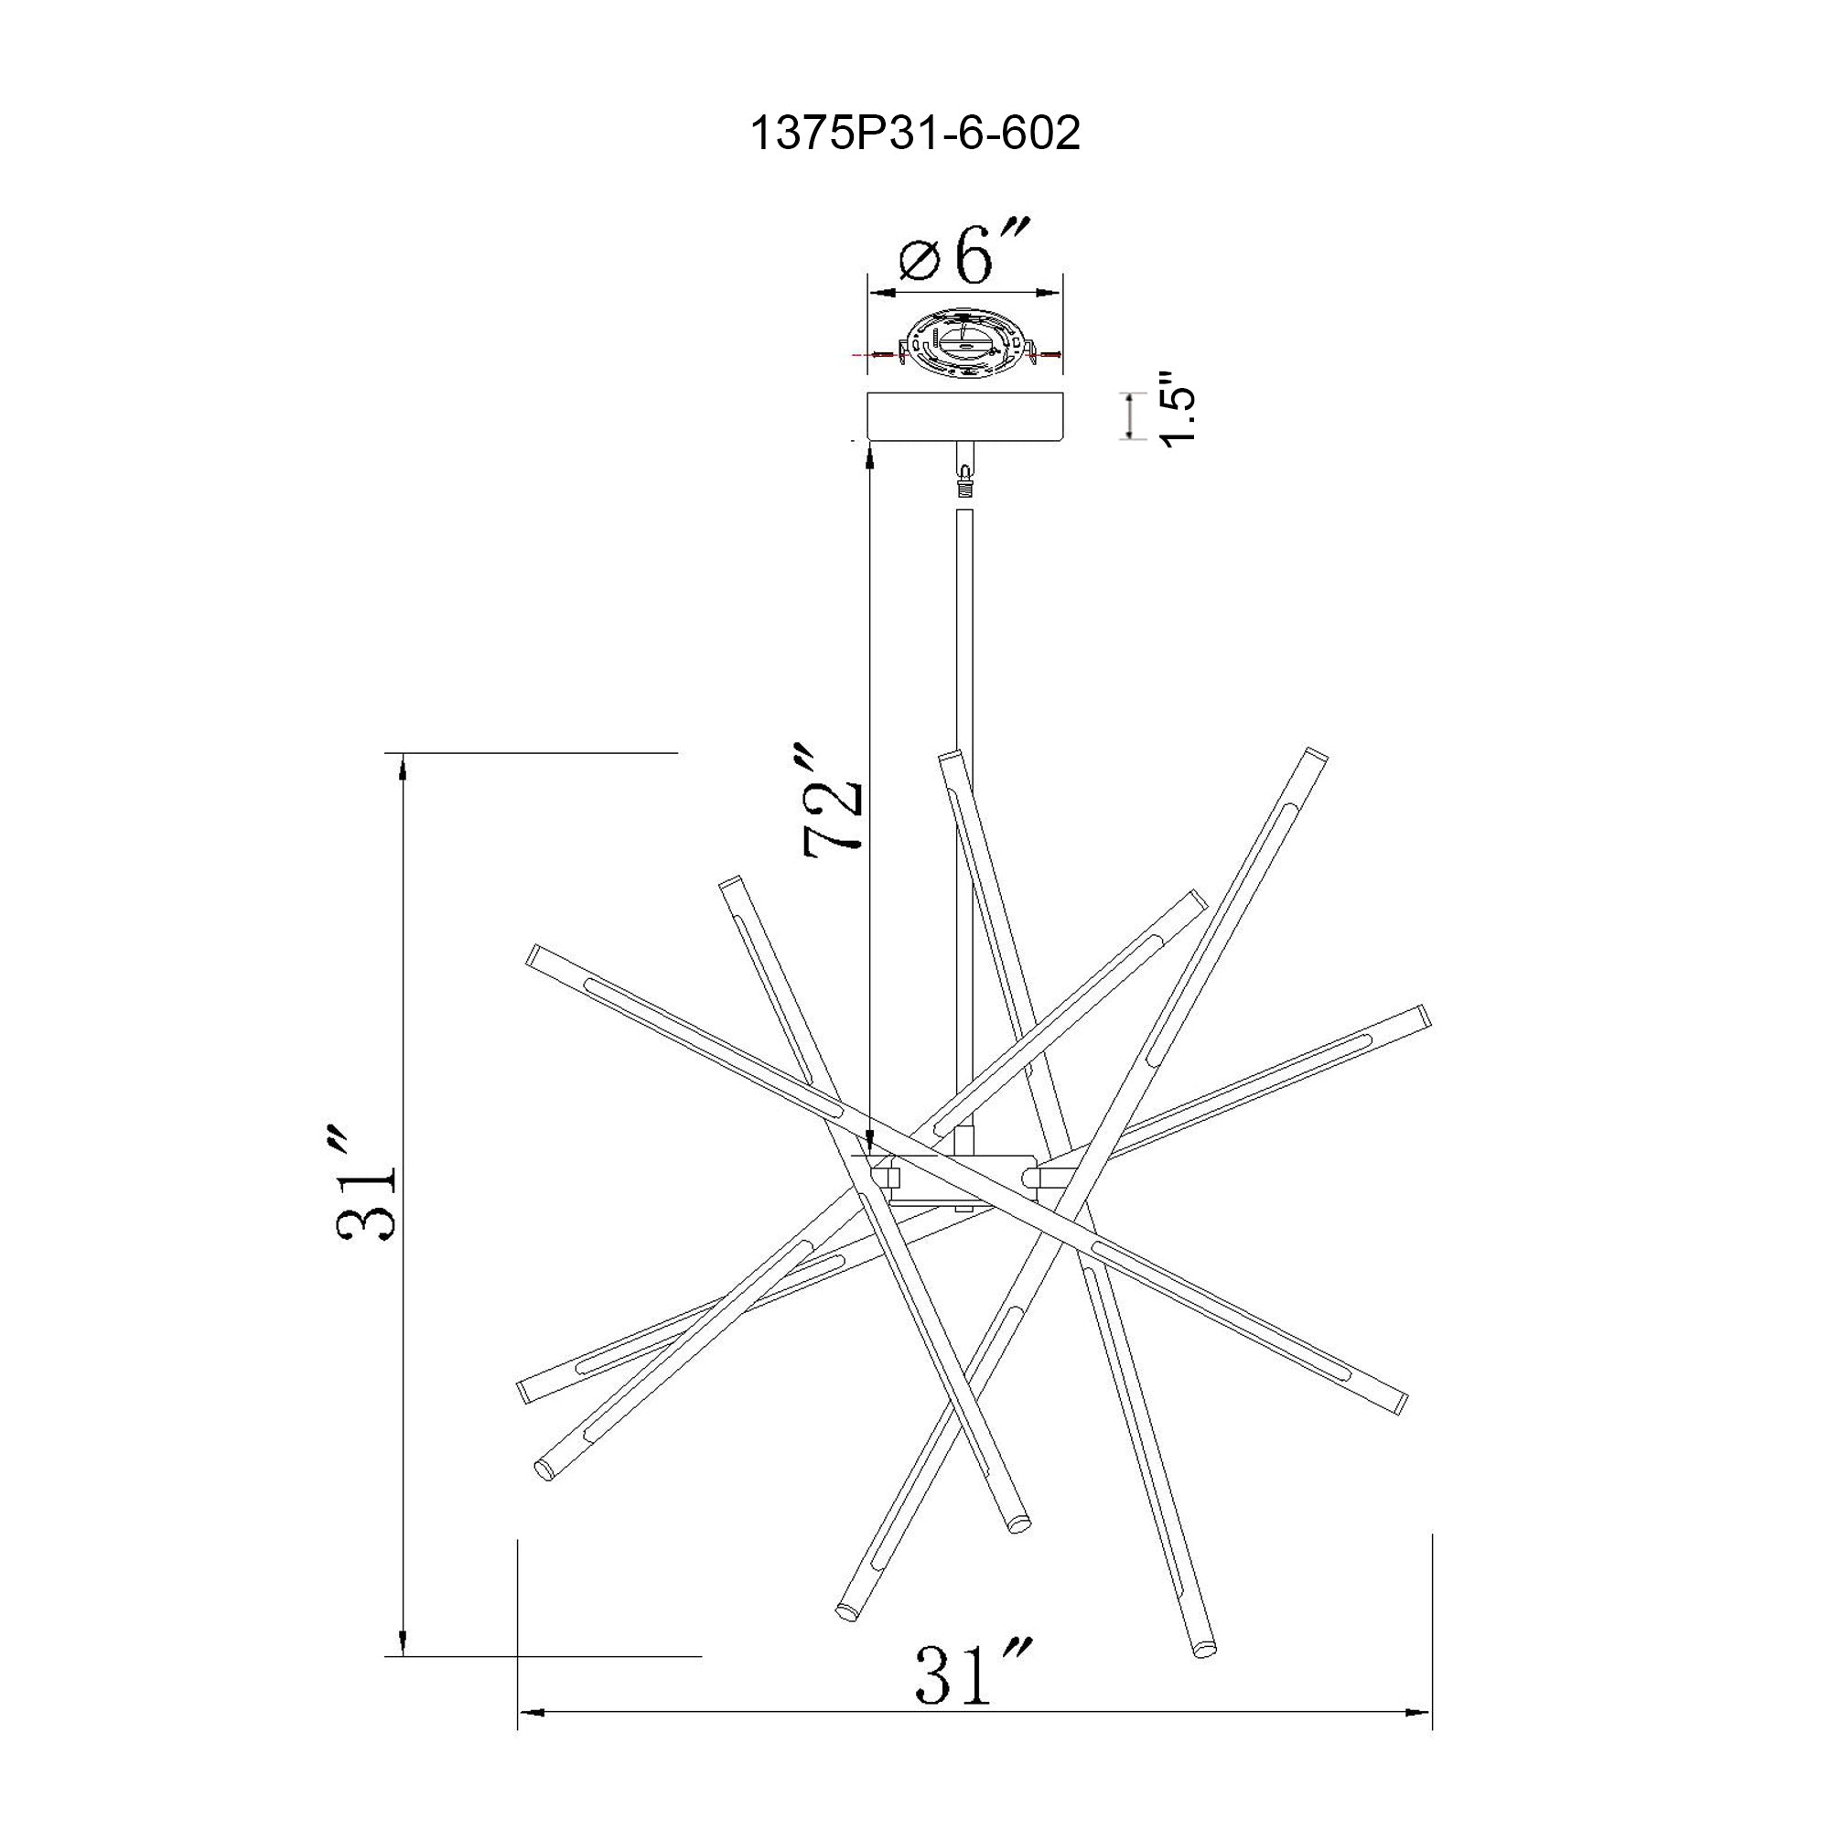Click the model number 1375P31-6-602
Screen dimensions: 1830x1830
point(914,135)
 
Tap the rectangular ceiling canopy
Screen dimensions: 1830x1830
point(964,416)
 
